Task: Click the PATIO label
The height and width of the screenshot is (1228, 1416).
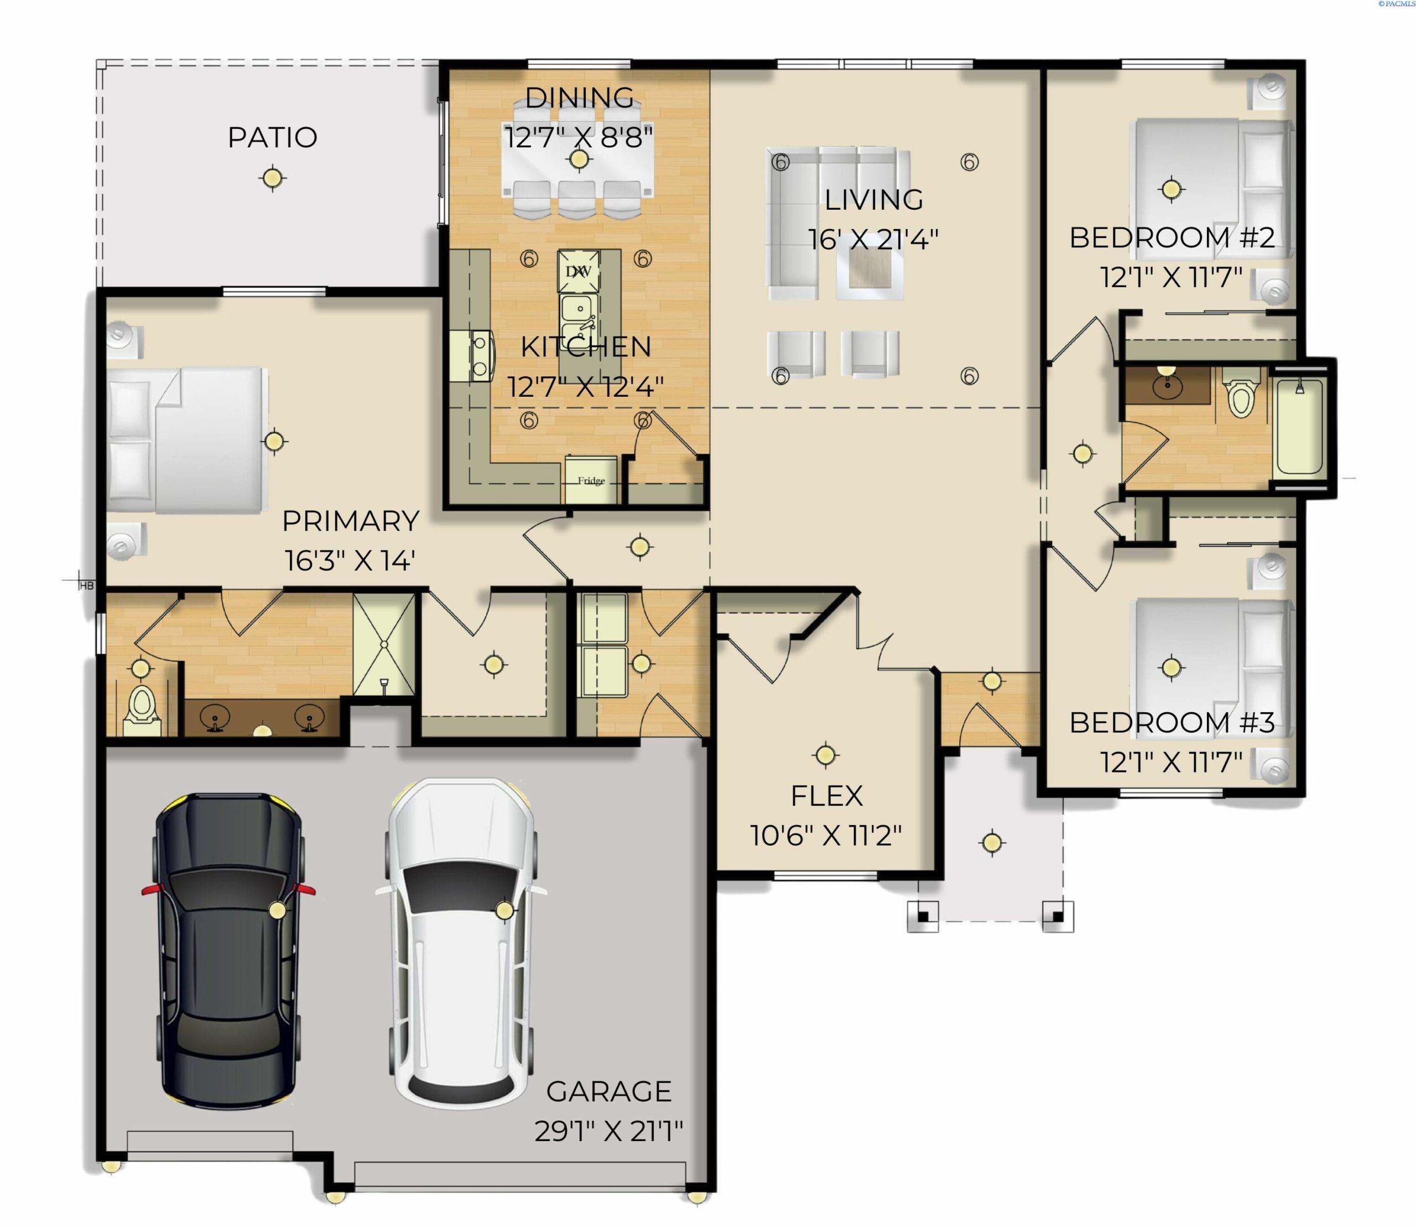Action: pyautogui.click(x=272, y=137)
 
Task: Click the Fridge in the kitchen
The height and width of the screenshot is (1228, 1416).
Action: pyautogui.click(x=591, y=480)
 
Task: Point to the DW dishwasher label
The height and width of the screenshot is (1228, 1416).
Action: pyautogui.click(x=578, y=271)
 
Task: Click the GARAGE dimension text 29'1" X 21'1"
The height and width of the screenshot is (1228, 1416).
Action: pyautogui.click(x=608, y=1131)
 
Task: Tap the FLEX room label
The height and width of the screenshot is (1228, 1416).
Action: pyautogui.click(x=826, y=796)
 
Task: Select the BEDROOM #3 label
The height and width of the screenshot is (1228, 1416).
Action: pyautogui.click(x=1172, y=722)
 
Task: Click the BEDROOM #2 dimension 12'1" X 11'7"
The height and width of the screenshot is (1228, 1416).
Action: pyautogui.click(x=1171, y=278)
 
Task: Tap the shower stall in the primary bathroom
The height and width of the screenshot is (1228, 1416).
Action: pyautogui.click(x=384, y=644)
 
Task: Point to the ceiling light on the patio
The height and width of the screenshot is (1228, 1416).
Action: pyautogui.click(x=273, y=178)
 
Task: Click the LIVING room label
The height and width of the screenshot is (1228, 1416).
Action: pyautogui.click(x=873, y=199)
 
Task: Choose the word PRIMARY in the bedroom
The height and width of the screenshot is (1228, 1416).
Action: pyautogui.click(x=351, y=521)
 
